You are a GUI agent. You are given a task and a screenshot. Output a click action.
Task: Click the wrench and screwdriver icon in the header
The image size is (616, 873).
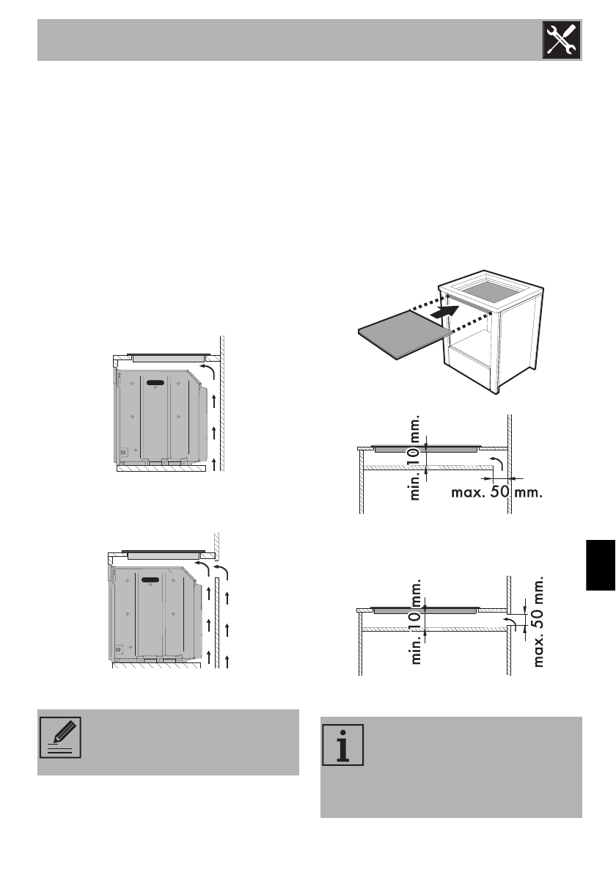point(561,40)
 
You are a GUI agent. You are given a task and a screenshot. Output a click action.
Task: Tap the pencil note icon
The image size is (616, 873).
point(59,736)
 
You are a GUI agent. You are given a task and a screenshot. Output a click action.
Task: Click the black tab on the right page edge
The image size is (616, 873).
point(601,563)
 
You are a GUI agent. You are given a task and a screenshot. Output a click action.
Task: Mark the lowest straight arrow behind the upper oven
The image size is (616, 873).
point(213,462)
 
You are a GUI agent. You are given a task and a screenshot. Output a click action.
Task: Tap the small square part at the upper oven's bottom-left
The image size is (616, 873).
point(122,452)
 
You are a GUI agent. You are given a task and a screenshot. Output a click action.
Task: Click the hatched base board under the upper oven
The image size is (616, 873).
point(160,467)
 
